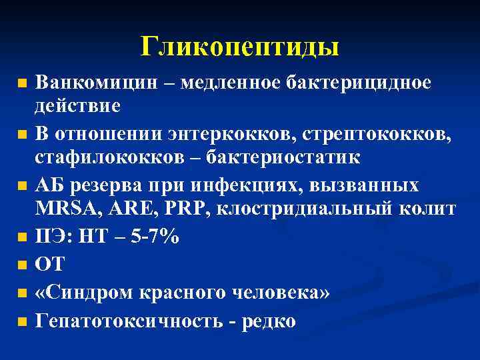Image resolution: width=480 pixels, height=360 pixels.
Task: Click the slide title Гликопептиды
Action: (239, 46)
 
